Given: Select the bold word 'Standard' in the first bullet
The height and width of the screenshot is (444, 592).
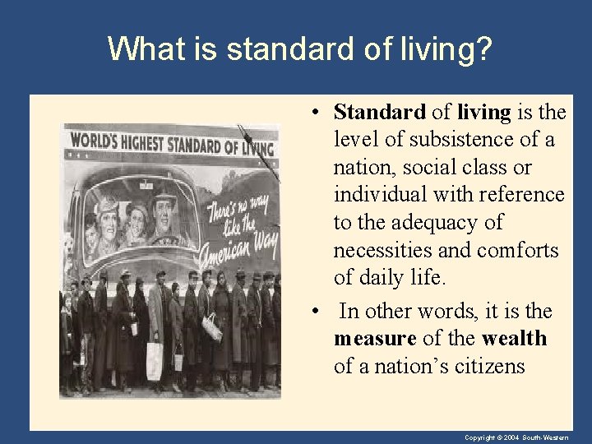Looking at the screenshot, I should click(380, 112).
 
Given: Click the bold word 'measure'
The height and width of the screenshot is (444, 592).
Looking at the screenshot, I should click(374, 339).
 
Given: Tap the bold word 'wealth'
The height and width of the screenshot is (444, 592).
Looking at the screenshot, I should click(514, 339).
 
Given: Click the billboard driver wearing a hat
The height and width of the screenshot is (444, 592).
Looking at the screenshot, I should click(164, 210).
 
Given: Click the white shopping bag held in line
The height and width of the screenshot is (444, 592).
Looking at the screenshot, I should click(154, 359).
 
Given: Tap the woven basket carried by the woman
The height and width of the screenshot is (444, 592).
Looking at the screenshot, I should click(212, 328).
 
